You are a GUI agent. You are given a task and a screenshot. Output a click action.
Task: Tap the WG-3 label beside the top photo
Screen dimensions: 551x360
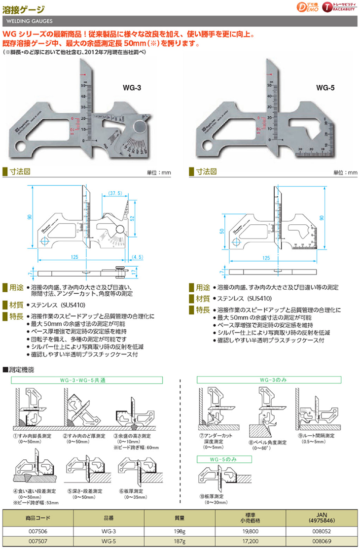132,88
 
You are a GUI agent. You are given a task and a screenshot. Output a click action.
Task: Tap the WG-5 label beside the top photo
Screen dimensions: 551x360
325,88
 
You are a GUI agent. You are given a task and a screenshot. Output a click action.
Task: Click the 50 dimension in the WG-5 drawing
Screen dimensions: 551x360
222,231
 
